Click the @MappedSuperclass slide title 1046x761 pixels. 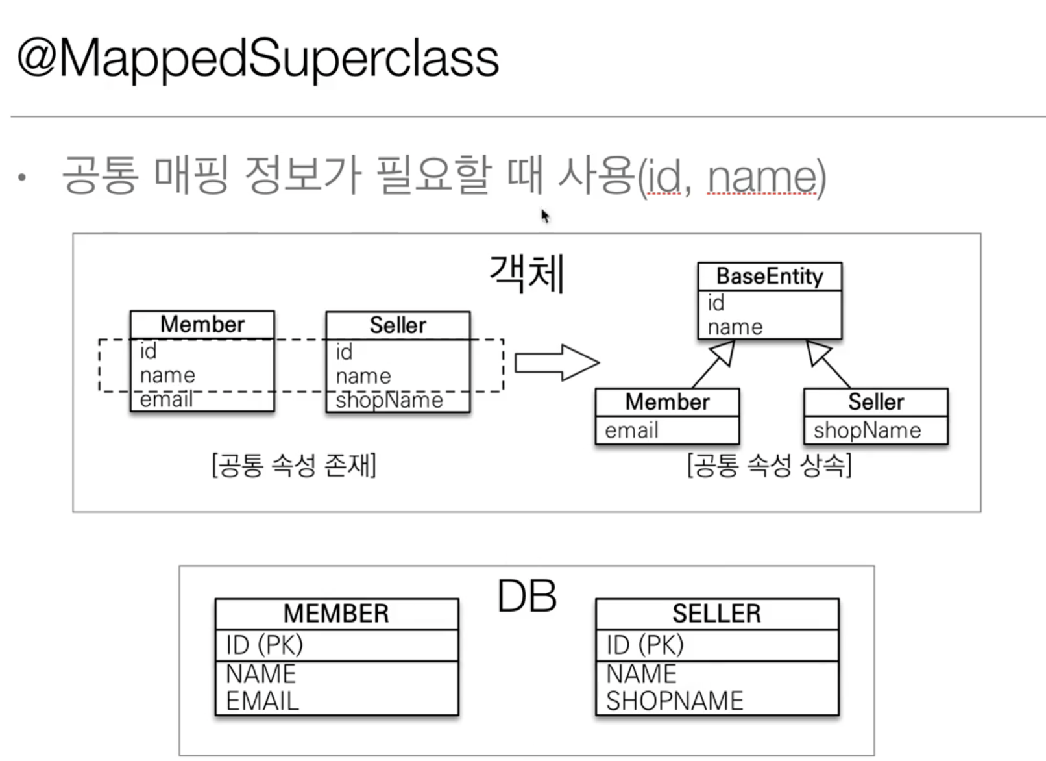[x=258, y=58]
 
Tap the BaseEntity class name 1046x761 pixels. [x=770, y=277]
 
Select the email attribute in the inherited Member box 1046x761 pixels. [x=631, y=430]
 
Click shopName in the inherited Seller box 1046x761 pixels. [x=867, y=430]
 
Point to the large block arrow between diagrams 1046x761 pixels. [x=557, y=362]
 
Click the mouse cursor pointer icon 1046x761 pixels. [x=545, y=216]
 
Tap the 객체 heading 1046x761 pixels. [x=527, y=274]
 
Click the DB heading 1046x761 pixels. [x=527, y=596]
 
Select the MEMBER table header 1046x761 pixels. [x=336, y=614]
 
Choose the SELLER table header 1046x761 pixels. [x=716, y=614]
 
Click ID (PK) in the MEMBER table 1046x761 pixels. [x=265, y=645]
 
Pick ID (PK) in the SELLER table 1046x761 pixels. [x=645, y=645]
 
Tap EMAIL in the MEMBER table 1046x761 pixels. [x=263, y=701]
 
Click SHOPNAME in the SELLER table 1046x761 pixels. [x=675, y=701]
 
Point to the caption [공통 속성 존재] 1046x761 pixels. [x=294, y=466]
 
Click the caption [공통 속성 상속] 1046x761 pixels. [x=770, y=466]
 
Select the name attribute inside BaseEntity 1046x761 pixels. [x=735, y=327]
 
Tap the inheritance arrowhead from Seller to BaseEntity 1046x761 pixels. [x=818, y=352]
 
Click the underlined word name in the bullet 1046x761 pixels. [x=762, y=177]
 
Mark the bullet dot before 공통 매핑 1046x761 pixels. [x=23, y=177]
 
